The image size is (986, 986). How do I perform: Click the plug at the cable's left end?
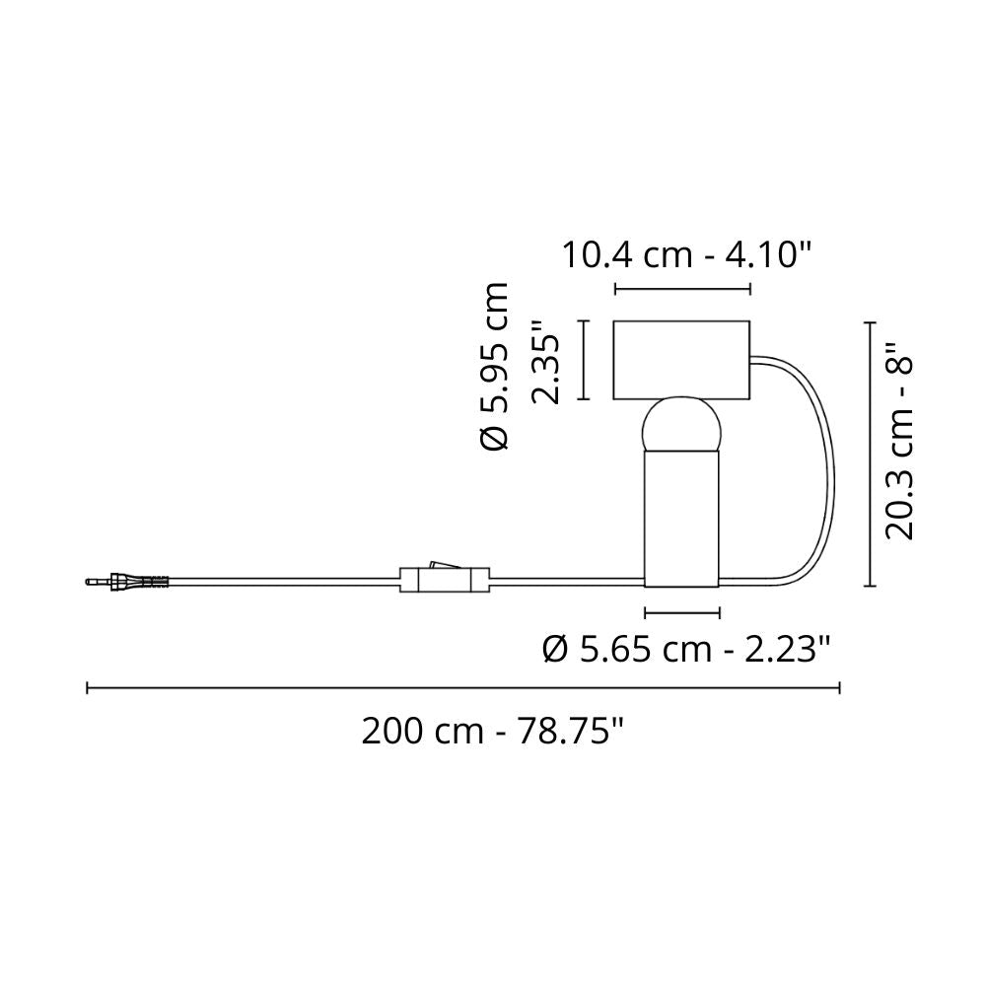[x=127, y=581]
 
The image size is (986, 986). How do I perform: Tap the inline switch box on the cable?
[x=445, y=579]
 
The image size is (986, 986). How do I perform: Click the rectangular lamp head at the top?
[x=681, y=360]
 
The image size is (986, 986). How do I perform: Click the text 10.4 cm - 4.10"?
[x=686, y=255]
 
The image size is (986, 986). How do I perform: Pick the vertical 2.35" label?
[x=544, y=364]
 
